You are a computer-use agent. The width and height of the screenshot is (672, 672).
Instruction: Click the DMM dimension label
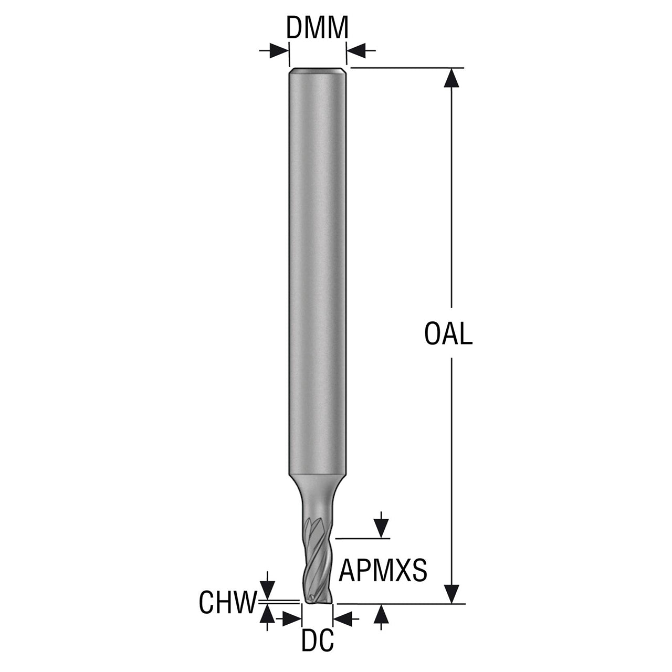pos(317,27)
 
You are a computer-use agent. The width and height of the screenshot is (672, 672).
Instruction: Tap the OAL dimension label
pos(448,334)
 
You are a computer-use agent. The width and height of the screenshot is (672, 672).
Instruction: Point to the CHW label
pos(227,602)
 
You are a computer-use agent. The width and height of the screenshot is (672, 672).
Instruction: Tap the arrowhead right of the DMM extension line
pos(356,51)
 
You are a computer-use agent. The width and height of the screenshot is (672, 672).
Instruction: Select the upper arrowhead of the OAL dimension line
pos(451,77)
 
